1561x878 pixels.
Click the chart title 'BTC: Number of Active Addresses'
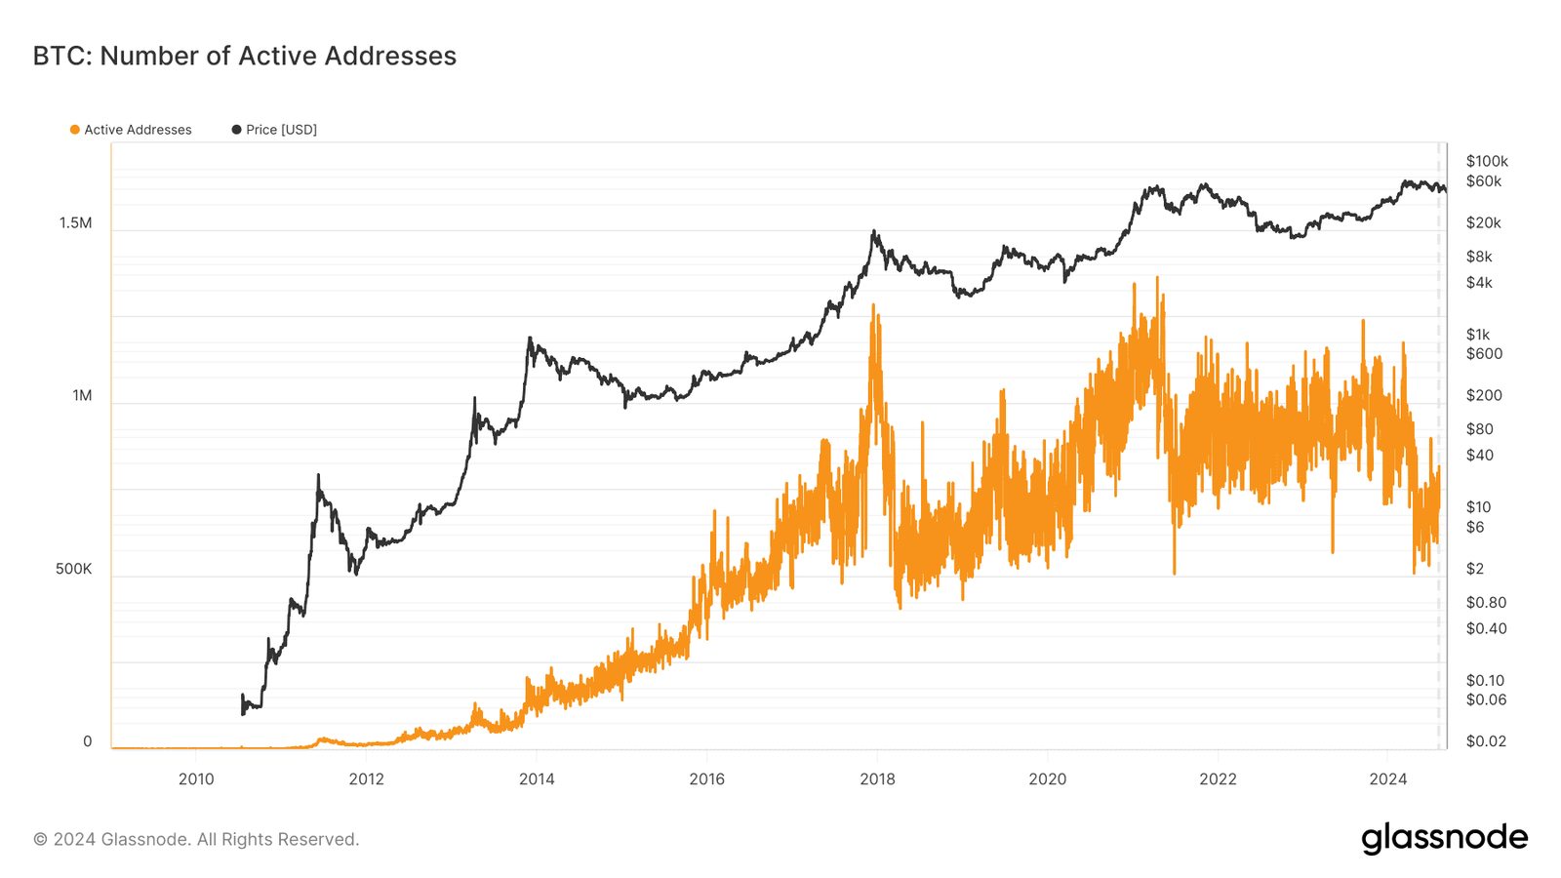click(x=244, y=57)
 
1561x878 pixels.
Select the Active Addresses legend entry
click(x=138, y=130)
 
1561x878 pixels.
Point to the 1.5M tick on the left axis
click(x=75, y=223)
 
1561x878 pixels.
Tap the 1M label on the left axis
click(x=82, y=396)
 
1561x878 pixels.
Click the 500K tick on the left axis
click(x=73, y=569)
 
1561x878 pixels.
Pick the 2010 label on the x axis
click(x=196, y=778)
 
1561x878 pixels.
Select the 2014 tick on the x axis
click(x=537, y=778)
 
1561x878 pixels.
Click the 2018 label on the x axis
click(x=877, y=778)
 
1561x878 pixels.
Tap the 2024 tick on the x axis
click(x=1387, y=778)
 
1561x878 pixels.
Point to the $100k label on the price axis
click(x=1487, y=161)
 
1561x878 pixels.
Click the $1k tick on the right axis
click(x=1478, y=335)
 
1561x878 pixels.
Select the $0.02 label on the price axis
click(x=1486, y=741)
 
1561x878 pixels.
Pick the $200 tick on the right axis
click(x=1484, y=395)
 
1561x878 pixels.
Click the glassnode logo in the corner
click(x=1444, y=838)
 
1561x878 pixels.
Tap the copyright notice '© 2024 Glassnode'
click(x=196, y=839)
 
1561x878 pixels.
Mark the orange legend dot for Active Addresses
click(x=75, y=130)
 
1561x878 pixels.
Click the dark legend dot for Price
click(x=236, y=130)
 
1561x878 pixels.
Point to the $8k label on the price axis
click(x=1479, y=257)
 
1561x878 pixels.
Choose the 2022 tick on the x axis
click(x=1218, y=778)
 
